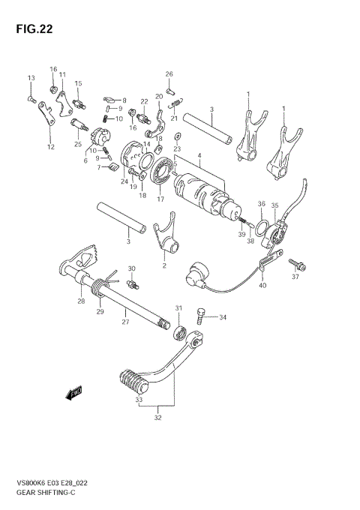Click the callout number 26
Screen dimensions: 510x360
pos(169,73)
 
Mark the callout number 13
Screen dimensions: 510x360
pos(31,79)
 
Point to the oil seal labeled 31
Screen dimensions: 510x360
pos(179,331)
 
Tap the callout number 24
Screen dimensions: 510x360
pos(124,181)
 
